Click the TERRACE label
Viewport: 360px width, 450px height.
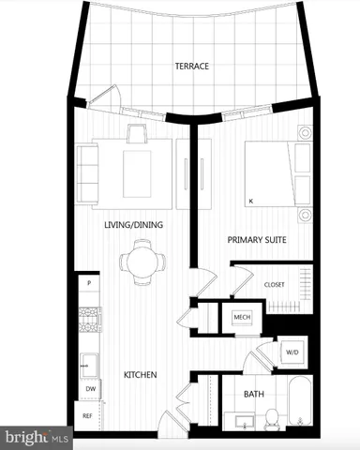coord(190,67)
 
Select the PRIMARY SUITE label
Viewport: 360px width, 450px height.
coord(256,241)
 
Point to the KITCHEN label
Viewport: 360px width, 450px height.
coord(141,375)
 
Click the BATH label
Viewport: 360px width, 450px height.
coord(253,395)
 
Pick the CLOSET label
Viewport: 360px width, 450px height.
coord(274,284)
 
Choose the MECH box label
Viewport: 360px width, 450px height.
coord(240,318)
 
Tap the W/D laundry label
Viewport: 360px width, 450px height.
coord(291,352)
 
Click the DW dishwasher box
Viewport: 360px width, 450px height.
coord(90,388)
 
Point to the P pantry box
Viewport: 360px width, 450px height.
coord(88,283)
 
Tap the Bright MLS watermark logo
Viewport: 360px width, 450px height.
coord(37,437)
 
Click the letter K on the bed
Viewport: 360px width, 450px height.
coord(250,201)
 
